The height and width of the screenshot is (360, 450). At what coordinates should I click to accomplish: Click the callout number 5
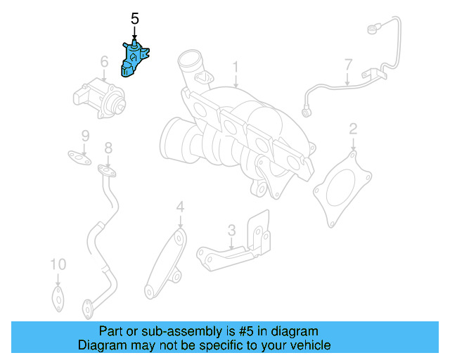pos(135,20)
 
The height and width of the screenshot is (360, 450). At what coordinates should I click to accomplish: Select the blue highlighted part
pos(136,58)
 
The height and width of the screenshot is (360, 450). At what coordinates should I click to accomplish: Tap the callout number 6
pos(104,63)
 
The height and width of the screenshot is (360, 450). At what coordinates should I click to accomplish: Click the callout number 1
pos(236,67)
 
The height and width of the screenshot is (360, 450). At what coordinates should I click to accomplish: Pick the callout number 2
pos(353,129)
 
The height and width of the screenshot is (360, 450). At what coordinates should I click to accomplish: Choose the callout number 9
pos(84,135)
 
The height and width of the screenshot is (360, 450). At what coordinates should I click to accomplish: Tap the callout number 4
pos(180,207)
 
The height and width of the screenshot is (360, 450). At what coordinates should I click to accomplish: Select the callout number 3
pos(231,230)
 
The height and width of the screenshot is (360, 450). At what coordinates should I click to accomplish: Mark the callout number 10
pos(58,264)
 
